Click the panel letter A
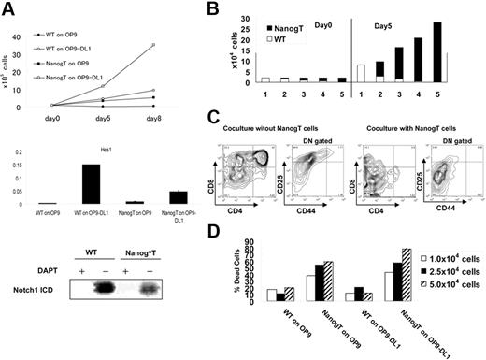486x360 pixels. click(8, 8)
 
